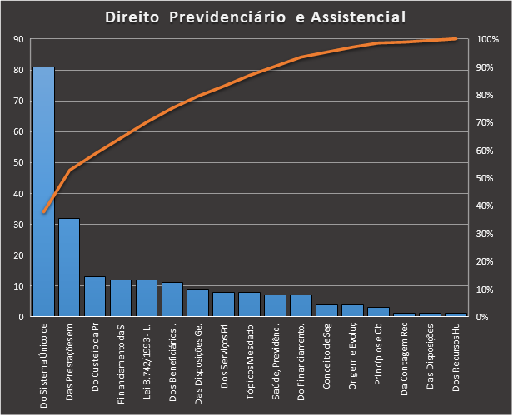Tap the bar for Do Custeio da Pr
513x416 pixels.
95,296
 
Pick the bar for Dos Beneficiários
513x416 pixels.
172,300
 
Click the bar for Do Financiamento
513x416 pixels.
301,305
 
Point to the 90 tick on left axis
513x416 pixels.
19,39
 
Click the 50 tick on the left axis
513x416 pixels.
19,163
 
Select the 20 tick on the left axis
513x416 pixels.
19,255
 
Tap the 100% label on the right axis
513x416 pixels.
488,39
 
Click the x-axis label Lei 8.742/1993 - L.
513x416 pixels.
147,357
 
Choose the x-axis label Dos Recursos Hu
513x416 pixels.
456,358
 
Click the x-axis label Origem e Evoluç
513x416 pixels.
353,357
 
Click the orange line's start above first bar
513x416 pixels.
43,213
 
